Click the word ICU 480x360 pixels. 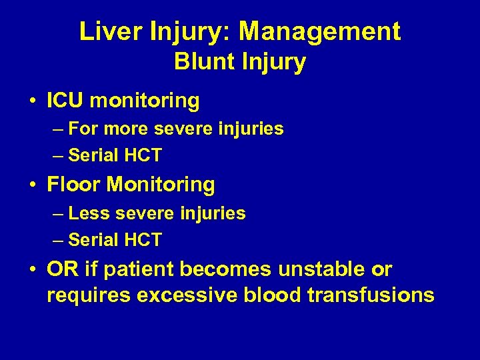[65, 101]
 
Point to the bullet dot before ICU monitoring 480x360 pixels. [33, 101]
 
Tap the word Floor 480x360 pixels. [73, 184]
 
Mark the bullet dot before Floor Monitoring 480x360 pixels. [33, 185]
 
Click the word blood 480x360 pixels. [275, 294]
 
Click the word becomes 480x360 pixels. [225, 269]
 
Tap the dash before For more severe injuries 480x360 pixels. [57, 128]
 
